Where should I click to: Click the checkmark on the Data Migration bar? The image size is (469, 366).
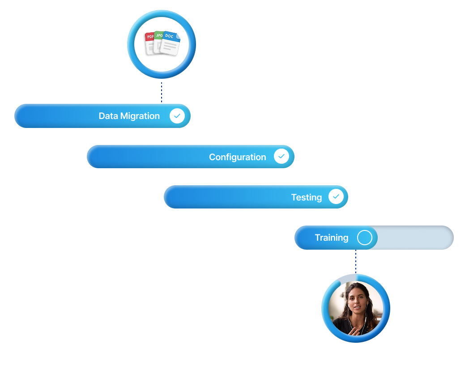pyautogui.click(x=177, y=116)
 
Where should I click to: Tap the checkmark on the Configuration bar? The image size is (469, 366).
pyautogui.click(x=281, y=157)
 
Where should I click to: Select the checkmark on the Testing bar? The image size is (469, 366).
pyautogui.click(x=336, y=197)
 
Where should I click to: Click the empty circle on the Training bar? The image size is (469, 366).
pyautogui.click(x=365, y=238)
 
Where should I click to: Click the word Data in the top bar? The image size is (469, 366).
pyautogui.click(x=108, y=116)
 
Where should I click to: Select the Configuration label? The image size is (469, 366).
pyautogui.click(x=237, y=157)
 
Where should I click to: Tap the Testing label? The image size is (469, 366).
pyautogui.click(x=307, y=197)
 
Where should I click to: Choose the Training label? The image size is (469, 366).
pyautogui.click(x=331, y=238)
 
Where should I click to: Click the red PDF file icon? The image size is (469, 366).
pyautogui.click(x=149, y=42)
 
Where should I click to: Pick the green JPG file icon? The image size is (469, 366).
pyautogui.click(x=158, y=39)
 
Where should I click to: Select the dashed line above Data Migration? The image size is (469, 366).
pyautogui.click(x=162, y=91)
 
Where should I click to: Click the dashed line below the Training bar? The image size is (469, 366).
pyautogui.click(x=356, y=262)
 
